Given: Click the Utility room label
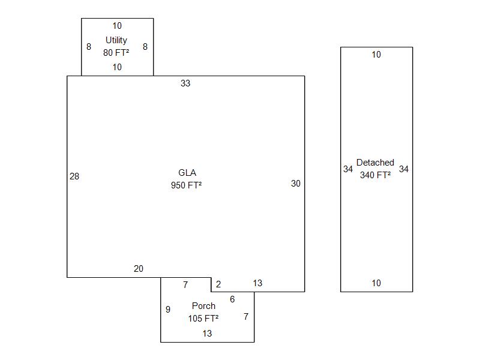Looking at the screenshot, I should (x=116, y=40).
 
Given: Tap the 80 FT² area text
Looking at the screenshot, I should (x=116, y=52).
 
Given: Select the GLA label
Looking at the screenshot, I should (x=187, y=173).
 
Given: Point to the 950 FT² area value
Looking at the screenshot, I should (x=186, y=185).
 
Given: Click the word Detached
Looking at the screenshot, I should (x=375, y=163).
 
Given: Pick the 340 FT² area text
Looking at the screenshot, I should (x=376, y=175).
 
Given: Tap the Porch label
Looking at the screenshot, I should (x=203, y=306).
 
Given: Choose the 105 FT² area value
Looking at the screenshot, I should (x=203, y=319).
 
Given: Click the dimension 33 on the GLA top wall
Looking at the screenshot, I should (x=185, y=83).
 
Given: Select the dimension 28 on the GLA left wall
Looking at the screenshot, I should (x=74, y=176).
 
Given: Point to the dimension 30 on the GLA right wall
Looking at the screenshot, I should (x=296, y=184).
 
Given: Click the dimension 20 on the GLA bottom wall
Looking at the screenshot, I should (x=139, y=269).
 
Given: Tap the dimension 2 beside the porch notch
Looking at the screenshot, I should (x=218, y=284).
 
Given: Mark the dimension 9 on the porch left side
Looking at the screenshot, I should (x=168, y=310).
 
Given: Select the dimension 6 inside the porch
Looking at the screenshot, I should (x=232, y=299).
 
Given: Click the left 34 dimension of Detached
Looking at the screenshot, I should (x=348, y=169).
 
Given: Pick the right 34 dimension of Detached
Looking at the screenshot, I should (x=404, y=169).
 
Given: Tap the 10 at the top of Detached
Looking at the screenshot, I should (x=376, y=55).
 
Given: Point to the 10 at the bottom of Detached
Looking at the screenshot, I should (x=376, y=283).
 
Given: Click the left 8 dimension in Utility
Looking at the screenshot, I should (x=89, y=47).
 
